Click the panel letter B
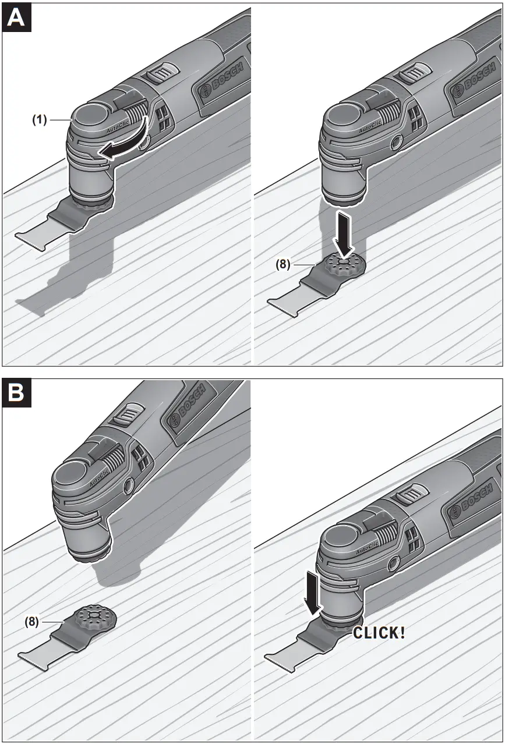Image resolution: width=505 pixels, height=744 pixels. (x=16, y=392)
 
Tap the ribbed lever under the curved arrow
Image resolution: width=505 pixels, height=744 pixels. (x=133, y=111)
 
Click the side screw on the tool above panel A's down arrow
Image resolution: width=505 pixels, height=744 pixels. (x=397, y=140)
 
